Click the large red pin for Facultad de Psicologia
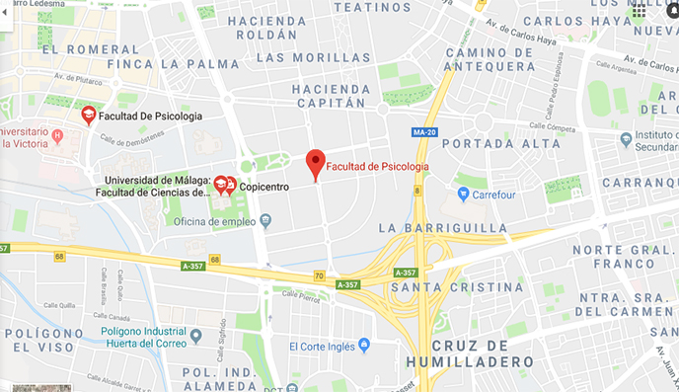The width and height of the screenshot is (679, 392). [x=315, y=162]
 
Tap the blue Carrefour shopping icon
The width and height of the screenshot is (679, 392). [x=464, y=195]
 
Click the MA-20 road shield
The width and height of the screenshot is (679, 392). [x=425, y=132]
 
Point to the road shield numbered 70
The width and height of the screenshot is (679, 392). [x=319, y=275]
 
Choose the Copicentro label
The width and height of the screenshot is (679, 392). [x=269, y=184]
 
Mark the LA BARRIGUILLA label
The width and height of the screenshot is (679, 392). [x=443, y=228]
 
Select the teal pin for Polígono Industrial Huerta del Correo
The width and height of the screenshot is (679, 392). [x=195, y=335]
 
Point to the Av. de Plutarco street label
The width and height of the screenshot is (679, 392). [x=80, y=78]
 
